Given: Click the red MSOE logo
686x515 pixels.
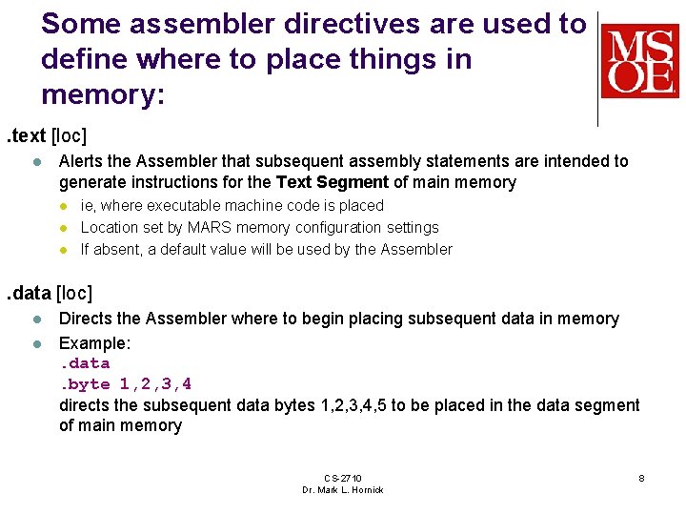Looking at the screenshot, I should [639, 61].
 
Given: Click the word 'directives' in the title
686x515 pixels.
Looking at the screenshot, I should [304, 24].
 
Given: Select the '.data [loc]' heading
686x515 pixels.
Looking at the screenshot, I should [54, 294].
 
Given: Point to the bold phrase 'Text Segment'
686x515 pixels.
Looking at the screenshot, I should [332, 182].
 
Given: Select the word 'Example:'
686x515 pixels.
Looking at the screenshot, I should [94, 341].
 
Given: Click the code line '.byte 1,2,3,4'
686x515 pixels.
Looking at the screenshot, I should [125, 384].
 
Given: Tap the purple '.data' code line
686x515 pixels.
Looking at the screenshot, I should [85, 363].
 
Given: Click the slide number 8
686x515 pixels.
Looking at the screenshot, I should [641, 478].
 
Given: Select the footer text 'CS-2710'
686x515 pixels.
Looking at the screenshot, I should [342, 478].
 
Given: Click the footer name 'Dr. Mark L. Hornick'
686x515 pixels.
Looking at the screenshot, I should [342, 490].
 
